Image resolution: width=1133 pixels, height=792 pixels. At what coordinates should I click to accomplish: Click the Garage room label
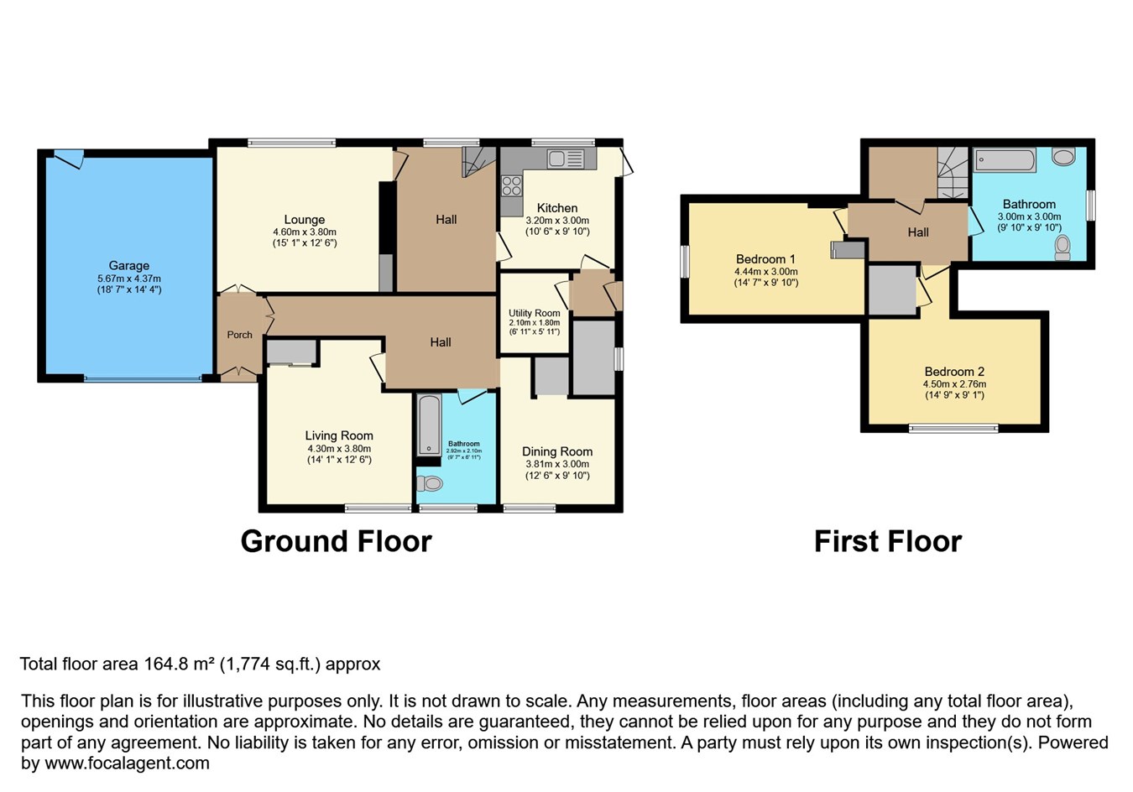[129, 265]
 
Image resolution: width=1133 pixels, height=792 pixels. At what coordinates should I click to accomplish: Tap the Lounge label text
[305, 220]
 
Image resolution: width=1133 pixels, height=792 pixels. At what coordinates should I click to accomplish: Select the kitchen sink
[566, 159]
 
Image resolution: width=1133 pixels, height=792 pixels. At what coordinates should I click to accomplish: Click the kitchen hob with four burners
[511, 185]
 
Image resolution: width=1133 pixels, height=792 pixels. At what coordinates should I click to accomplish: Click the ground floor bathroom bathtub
[429, 425]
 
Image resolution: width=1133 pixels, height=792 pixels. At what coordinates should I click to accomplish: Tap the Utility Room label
[534, 313]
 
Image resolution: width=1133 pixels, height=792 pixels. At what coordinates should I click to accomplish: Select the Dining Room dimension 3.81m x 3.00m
[557, 464]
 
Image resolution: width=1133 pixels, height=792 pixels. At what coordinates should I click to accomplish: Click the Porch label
[239, 334]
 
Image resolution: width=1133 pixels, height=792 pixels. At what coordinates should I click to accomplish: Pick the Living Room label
[339, 435]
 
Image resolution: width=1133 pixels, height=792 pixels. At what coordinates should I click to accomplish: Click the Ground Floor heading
[336, 541]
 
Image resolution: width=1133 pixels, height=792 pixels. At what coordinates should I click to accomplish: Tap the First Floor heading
[888, 541]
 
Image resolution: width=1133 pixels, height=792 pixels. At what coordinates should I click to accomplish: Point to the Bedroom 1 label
[765, 259]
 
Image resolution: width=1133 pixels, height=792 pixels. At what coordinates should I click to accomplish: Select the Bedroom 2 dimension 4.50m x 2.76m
[954, 384]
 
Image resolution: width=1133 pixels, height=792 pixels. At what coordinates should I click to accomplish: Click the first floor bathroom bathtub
[1005, 159]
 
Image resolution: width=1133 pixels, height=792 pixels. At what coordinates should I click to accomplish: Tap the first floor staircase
[953, 173]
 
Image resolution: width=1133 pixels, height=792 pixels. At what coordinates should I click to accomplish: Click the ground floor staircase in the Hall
[478, 161]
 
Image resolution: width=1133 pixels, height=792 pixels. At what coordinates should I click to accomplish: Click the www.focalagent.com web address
[127, 763]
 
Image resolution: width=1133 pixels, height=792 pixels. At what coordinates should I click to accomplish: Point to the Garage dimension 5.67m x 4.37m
[129, 279]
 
